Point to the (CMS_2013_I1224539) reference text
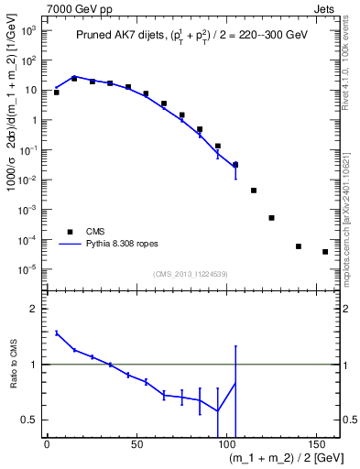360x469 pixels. point(191,273)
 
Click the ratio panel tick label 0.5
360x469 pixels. point(31,420)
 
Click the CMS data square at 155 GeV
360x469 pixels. point(325,252)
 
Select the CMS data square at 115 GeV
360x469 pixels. point(254,191)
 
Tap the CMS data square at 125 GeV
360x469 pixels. point(271,218)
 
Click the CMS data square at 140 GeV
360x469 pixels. point(299,246)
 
